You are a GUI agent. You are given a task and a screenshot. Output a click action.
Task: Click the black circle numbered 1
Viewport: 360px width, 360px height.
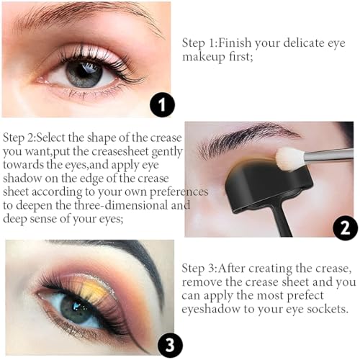(x=162, y=107)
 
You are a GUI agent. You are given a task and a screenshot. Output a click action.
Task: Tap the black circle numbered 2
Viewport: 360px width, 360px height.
(x=345, y=228)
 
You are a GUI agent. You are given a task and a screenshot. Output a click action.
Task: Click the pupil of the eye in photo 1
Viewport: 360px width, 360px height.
(x=86, y=73)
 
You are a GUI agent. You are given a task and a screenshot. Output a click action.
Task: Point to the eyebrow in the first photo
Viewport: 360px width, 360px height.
(x=79, y=17)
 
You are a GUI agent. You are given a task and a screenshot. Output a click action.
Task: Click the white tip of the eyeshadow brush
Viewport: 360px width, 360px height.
(x=291, y=158)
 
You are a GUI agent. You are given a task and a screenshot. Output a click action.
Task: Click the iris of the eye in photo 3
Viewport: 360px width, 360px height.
(x=73, y=307)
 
